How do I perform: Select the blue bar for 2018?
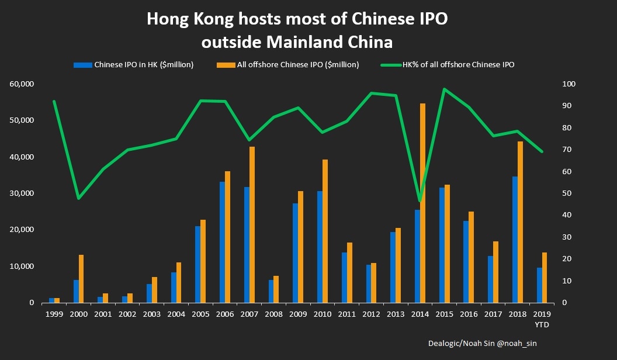point(515,240)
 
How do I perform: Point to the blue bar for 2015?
point(442,245)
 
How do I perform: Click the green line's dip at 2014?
point(420,201)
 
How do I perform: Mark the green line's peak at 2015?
point(444,89)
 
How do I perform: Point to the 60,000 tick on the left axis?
point(22,84)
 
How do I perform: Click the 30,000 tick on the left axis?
point(22,193)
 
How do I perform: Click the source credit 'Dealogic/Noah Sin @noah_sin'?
point(481,344)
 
